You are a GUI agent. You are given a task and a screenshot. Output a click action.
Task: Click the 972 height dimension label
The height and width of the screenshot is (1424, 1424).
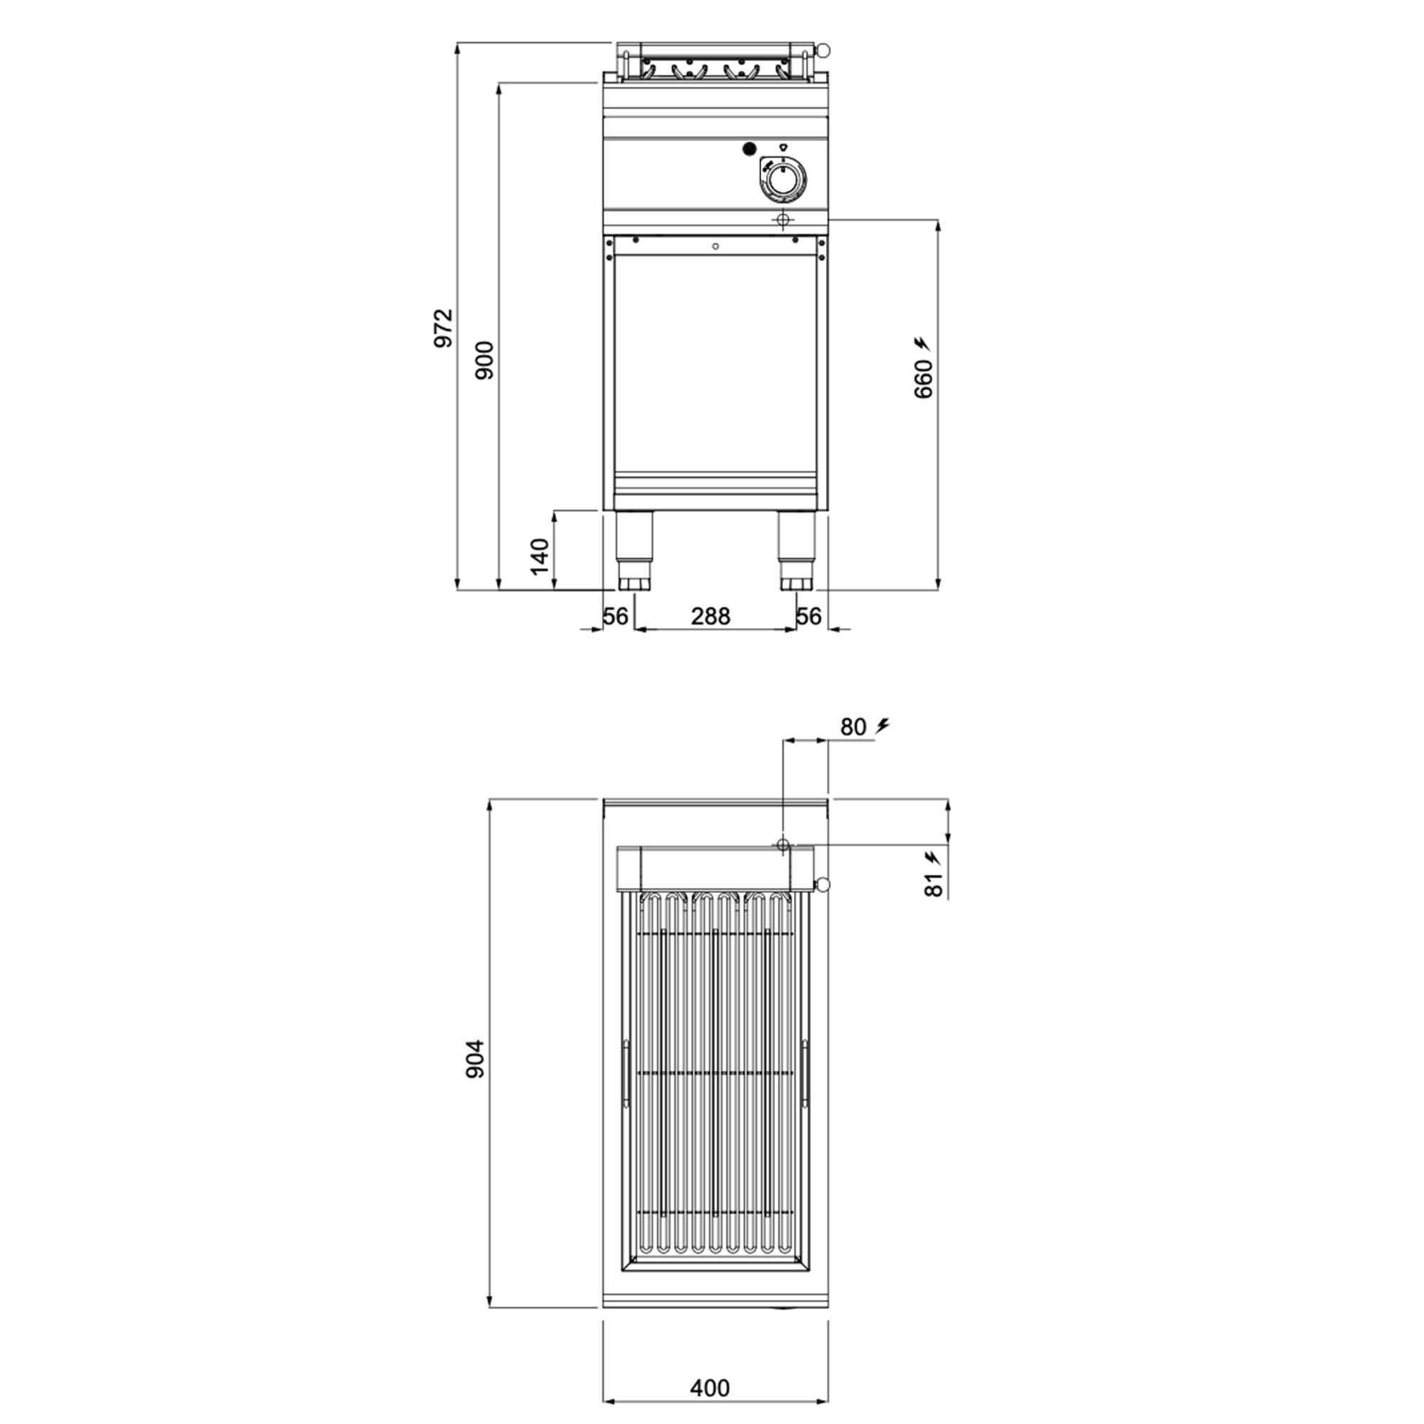pyautogui.click(x=442, y=328)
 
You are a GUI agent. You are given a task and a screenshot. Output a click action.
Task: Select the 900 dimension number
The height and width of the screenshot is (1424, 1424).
pyautogui.click(x=484, y=360)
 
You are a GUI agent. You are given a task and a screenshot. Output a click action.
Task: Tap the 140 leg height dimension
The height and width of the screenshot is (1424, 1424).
pyautogui.click(x=540, y=557)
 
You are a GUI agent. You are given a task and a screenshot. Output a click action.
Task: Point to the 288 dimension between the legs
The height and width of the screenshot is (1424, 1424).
pyautogui.click(x=711, y=616)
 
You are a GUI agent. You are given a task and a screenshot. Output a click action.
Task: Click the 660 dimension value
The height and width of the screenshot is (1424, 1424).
pyautogui.click(x=923, y=379)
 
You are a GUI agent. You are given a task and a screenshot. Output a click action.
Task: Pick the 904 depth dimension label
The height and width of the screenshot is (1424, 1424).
pyautogui.click(x=476, y=1059)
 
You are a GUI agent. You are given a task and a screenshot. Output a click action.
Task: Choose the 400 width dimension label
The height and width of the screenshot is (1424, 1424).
pyautogui.click(x=710, y=1388)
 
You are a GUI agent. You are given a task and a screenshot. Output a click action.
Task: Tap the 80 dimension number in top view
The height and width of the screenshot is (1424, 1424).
pyautogui.click(x=853, y=727)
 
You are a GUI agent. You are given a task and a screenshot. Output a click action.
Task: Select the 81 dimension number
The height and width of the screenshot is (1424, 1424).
pyautogui.click(x=934, y=884)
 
